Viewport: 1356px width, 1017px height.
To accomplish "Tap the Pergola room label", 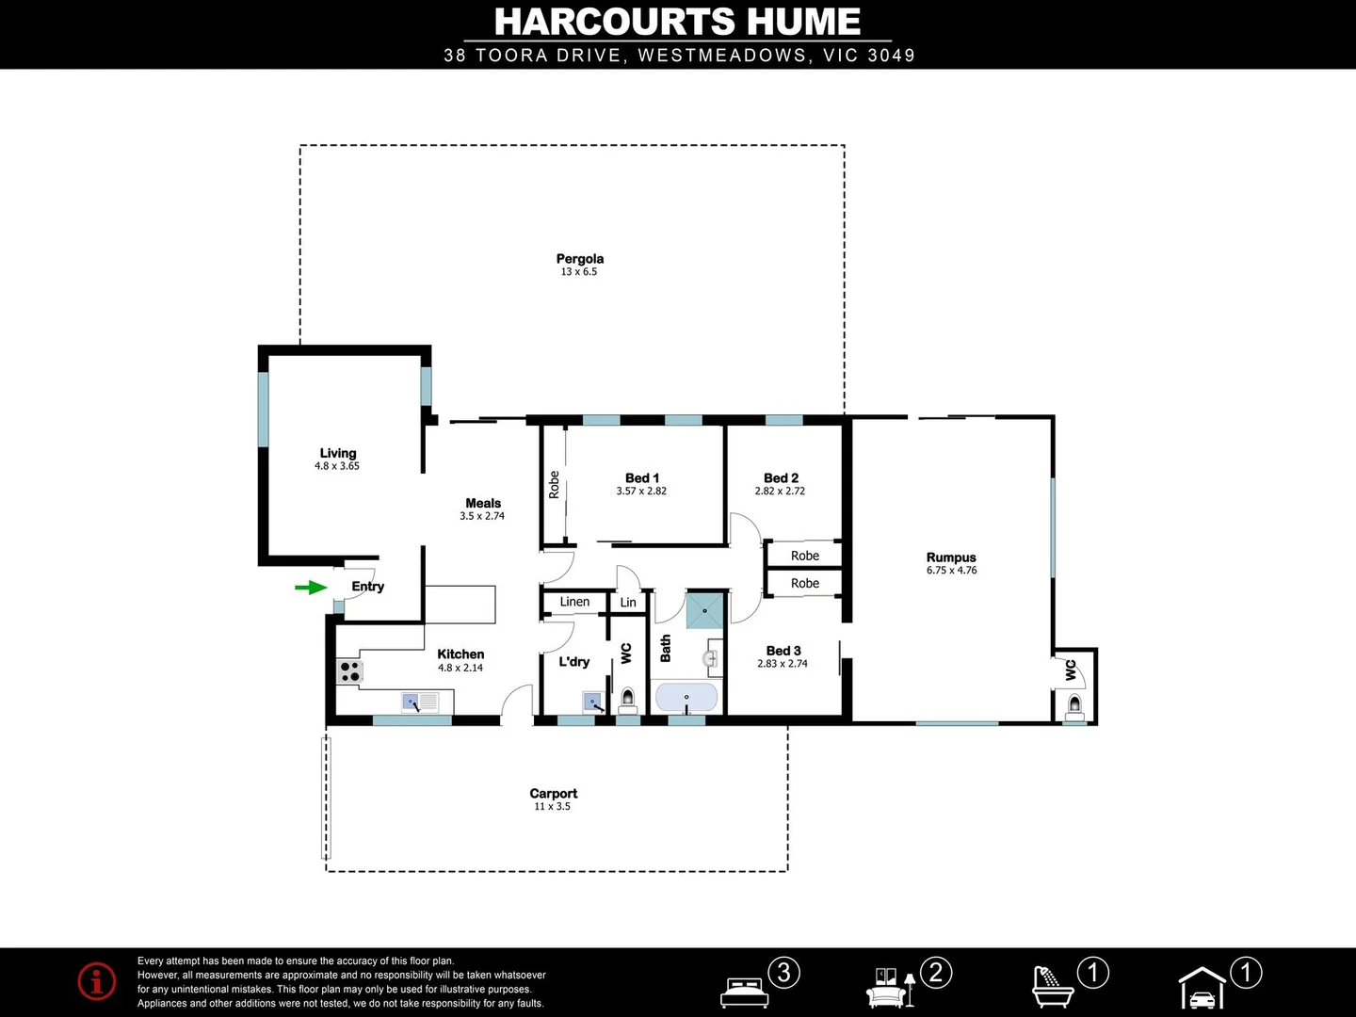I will pos(579,259).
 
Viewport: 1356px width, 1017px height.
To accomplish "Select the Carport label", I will pos(553,794).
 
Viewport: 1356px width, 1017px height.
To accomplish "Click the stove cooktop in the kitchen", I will pos(350,671).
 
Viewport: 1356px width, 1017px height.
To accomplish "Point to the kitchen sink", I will pos(421,702).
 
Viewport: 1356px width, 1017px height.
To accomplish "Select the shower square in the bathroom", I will pos(705,610).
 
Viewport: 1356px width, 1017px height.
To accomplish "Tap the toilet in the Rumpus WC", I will pos(1074,704).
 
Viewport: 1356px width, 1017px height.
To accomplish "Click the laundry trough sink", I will pos(592,702).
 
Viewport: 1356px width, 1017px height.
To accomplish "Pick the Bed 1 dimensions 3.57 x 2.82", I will pos(641,492).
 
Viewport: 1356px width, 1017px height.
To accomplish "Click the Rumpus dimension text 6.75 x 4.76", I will pos(951,571).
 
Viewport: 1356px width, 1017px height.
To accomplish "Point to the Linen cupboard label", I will pos(574,602).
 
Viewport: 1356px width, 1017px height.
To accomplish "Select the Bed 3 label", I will pos(783,651).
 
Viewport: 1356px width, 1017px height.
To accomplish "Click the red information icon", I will pos(97,981).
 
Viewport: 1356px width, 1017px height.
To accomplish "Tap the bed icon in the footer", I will pos(745,991).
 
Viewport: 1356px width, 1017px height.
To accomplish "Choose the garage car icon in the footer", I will pos(1203,990).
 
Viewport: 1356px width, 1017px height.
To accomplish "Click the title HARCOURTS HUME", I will pos(677,22).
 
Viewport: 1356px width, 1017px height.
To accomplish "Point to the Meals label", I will pos(483,504).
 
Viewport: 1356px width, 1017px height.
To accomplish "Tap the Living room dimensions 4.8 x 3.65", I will pos(337,466).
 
